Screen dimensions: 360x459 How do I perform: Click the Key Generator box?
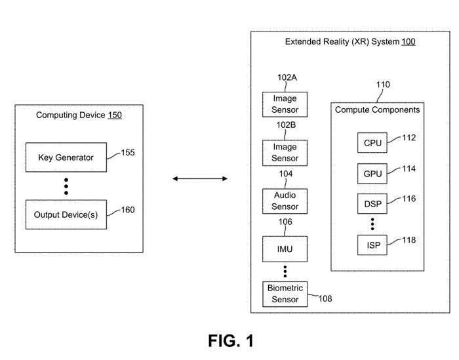point(66,157)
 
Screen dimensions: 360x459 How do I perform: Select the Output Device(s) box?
point(66,215)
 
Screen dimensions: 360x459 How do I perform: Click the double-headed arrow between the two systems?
point(199,178)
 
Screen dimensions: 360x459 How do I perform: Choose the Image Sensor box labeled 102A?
point(285,104)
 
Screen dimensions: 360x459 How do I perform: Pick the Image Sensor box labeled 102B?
point(285,153)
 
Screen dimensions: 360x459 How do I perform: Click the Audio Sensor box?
point(285,201)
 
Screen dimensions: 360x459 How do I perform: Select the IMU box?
point(285,250)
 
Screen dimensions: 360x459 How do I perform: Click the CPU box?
point(372,142)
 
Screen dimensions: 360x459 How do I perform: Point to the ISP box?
point(372,245)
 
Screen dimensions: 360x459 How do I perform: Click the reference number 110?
point(382,85)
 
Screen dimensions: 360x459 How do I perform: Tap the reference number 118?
point(409,241)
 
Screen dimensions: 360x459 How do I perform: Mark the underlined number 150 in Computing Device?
point(115,115)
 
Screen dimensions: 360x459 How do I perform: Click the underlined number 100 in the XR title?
point(409,41)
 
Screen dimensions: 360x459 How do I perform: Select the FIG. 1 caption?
point(230,341)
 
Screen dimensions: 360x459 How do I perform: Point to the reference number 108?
point(325,299)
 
